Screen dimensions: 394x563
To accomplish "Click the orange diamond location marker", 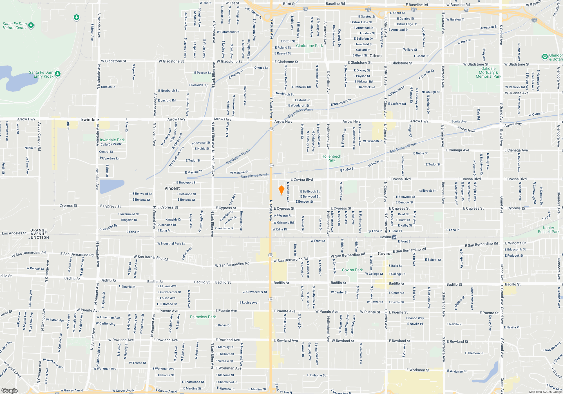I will (x=281, y=190).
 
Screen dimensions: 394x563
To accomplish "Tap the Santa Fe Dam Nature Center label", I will (x=15, y=26).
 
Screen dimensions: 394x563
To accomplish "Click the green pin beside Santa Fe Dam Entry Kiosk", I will (x=58, y=74).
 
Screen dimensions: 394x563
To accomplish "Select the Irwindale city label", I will (x=90, y=120).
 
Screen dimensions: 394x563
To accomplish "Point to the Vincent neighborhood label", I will (x=172, y=188).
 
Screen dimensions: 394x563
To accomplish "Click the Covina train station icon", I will (x=394, y=237).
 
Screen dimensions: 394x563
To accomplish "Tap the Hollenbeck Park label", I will (x=331, y=158).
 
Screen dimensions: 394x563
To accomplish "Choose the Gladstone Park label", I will (x=309, y=46).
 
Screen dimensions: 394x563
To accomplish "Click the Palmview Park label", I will (x=203, y=317).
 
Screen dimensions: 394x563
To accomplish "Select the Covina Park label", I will (x=352, y=270).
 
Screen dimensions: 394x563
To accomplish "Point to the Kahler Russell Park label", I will (x=548, y=230).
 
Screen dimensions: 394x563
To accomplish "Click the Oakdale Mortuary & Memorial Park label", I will (x=488, y=72).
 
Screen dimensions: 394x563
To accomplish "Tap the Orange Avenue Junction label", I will (x=39, y=234).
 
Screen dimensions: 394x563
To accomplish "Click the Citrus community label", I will (x=376, y=56).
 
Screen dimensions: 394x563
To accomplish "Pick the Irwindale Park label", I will (x=112, y=140).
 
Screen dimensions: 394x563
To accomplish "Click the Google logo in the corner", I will (x=9, y=391).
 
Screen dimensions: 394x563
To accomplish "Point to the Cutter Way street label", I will (x=187, y=253).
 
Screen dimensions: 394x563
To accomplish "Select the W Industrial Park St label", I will (x=171, y=243).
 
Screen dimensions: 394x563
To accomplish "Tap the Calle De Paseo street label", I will (x=111, y=144).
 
